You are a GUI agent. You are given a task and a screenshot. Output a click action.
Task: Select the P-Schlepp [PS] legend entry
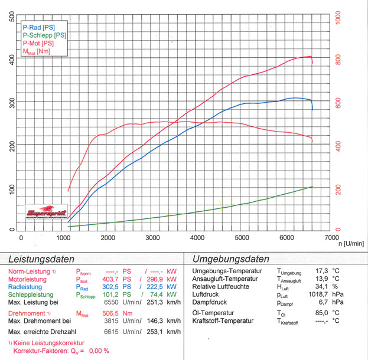44,35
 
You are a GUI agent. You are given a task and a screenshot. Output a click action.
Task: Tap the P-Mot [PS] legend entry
38,44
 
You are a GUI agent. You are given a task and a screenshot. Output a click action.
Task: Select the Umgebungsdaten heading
230,258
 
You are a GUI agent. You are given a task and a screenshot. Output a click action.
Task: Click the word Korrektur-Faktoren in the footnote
42,351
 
